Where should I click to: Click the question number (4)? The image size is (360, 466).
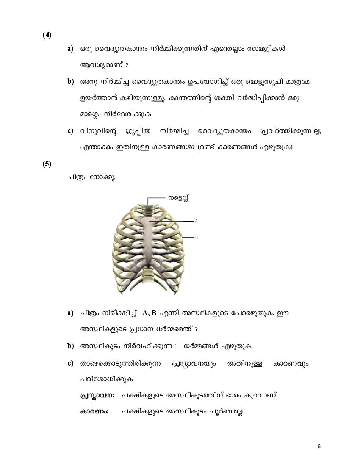(47, 35)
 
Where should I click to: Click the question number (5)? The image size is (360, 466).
(47, 164)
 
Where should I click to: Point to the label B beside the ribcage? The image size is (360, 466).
(196, 238)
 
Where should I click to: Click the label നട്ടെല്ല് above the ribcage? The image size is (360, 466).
(178, 197)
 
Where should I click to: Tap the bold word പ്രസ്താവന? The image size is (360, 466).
(97, 395)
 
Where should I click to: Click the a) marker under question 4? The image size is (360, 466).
(70, 49)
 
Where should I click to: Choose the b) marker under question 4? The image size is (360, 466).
(70, 81)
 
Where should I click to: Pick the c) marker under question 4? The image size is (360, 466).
(70, 130)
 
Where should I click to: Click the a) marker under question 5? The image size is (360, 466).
(70, 313)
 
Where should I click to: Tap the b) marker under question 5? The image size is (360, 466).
(70, 346)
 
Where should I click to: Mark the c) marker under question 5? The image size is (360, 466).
(70, 363)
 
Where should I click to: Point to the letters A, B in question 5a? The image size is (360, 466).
(150, 313)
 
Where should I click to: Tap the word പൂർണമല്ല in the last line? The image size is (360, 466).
(226, 411)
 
